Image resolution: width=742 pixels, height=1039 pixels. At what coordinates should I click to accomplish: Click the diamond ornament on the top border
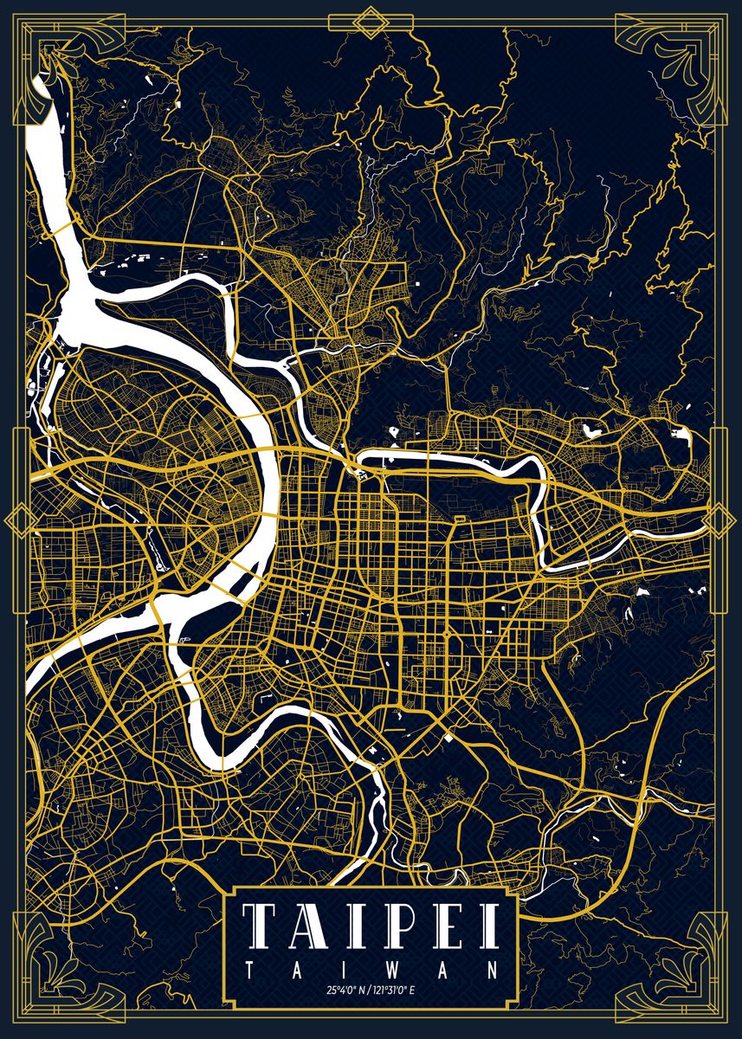[371, 21]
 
